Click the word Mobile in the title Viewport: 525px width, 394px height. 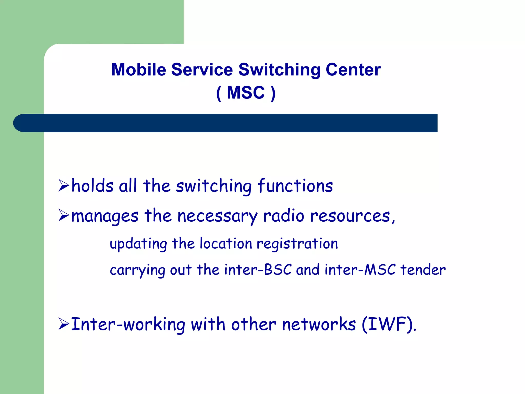[139, 70]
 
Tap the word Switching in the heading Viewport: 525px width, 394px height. [279, 70]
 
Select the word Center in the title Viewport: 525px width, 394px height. [353, 70]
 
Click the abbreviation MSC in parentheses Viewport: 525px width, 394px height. [246, 93]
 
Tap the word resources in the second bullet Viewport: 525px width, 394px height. [351, 216]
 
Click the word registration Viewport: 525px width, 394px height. [297, 244]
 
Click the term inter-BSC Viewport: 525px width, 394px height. [258, 270]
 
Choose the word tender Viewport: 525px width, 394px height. [423, 270]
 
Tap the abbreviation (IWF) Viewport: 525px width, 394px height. [388, 324]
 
